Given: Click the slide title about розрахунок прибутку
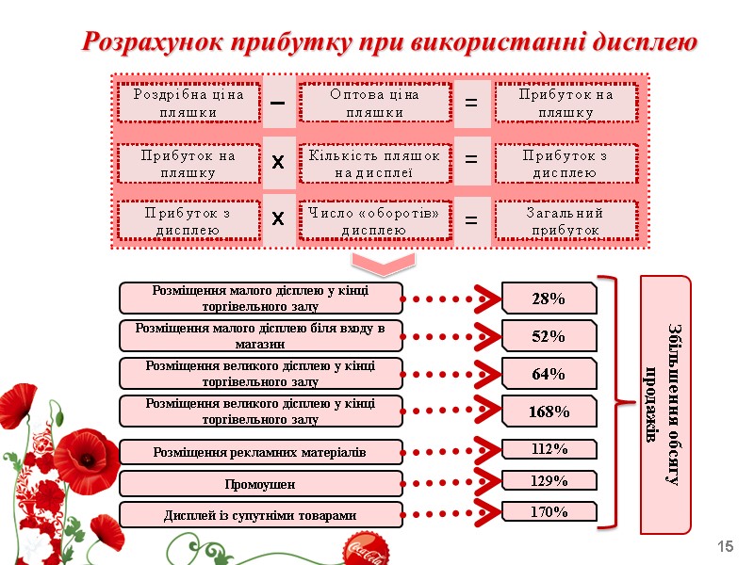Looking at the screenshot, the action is point(389,42).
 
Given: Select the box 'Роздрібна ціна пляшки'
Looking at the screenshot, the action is point(188,103).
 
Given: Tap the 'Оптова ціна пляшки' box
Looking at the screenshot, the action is point(374,103).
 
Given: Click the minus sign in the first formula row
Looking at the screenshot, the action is point(278,103).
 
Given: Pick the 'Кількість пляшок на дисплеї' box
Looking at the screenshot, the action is point(374,163).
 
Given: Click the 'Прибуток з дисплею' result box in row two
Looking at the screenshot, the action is point(565,163).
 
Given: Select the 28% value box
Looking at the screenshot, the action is point(549,299).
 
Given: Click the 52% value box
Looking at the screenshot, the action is point(549,336).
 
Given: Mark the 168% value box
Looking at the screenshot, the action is point(549,412).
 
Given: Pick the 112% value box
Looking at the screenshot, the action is point(549,449).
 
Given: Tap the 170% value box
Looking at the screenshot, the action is point(549,512).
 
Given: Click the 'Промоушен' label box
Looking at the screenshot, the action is point(260,484).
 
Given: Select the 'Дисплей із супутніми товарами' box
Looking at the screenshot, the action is point(260,515).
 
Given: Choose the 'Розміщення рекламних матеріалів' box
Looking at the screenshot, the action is point(260,453).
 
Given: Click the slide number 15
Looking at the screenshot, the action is point(726,547).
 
